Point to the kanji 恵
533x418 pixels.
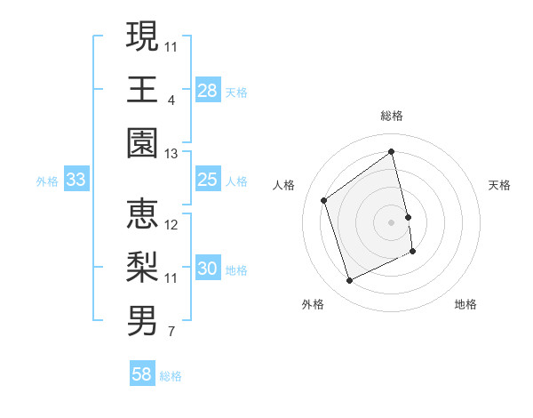click(x=142, y=213)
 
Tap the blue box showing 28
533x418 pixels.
click(x=208, y=91)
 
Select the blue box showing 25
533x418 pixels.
click(x=208, y=181)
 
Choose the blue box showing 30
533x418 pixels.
click(x=208, y=269)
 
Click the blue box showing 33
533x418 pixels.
click(x=76, y=181)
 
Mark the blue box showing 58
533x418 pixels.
click(x=142, y=375)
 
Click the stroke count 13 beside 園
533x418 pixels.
click(x=171, y=154)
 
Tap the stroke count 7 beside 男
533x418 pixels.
click(x=171, y=333)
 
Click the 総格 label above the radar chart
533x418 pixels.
click(x=392, y=116)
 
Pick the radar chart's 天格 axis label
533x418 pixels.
click(x=500, y=185)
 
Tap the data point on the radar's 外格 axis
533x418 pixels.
click(x=349, y=281)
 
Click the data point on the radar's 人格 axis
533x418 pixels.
click(x=324, y=200)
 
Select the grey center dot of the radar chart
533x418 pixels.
click(x=392, y=221)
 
